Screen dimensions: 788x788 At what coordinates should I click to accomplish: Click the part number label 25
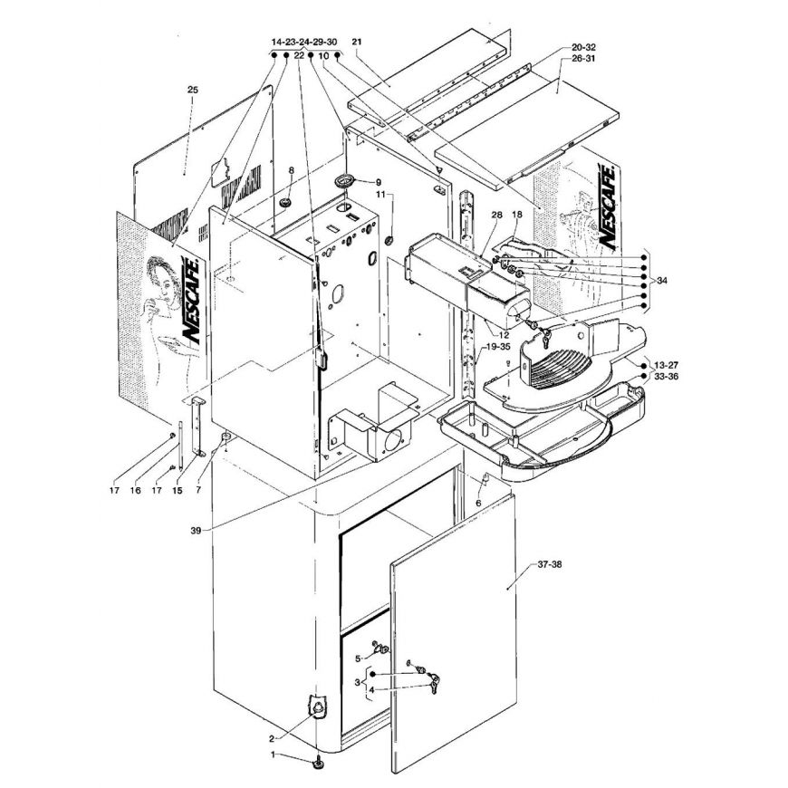point(193,90)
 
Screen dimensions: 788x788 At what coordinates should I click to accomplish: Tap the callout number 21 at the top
point(356,42)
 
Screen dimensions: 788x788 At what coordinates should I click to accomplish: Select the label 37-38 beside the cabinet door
point(550,564)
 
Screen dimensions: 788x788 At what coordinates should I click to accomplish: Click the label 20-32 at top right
point(583,47)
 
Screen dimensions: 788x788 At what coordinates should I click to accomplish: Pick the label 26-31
point(583,58)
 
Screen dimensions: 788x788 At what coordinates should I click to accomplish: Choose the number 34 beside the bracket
point(662,281)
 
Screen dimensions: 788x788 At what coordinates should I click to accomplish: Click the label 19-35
point(498,347)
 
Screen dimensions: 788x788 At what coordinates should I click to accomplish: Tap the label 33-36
point(666,376)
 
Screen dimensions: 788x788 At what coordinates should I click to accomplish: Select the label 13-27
point(666,365)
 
